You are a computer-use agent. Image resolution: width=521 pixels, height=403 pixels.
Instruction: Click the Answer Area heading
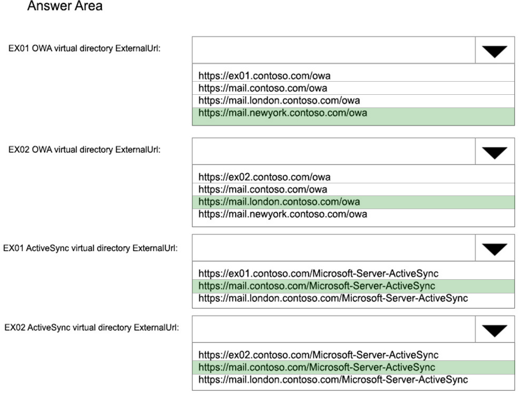pos(65,6)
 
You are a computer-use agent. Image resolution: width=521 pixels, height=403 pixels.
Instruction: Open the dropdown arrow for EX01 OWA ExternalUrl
pos(495,51)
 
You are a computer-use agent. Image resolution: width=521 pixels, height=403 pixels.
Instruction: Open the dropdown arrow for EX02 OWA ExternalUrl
pos(495,152)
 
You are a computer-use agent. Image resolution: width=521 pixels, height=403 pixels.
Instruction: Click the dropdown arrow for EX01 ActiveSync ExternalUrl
pos(495,249)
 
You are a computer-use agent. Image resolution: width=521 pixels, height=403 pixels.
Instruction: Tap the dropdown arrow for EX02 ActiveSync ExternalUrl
pos(495,330)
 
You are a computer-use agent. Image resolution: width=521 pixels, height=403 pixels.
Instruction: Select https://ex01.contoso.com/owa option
pos(264,76)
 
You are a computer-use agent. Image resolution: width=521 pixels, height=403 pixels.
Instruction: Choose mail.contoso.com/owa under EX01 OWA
pos(263,88)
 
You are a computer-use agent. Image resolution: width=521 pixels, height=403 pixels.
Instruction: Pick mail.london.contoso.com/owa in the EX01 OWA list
pos(279,100)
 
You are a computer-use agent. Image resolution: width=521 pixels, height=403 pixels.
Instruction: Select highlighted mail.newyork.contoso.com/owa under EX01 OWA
pos(283,113)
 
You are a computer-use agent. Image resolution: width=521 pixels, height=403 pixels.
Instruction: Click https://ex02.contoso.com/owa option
pos(264,177)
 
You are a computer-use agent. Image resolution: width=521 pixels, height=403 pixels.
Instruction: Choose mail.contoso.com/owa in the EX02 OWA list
pos(263,189)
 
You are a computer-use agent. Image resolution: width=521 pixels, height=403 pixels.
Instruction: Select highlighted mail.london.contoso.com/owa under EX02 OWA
pos(279,202)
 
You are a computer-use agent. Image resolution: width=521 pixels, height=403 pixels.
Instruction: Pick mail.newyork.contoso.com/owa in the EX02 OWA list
pos(283,214)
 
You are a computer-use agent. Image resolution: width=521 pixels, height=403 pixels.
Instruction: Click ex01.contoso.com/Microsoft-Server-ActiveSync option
pos(318,273)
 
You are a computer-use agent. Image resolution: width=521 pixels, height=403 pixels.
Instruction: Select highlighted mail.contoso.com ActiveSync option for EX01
pos(317,286)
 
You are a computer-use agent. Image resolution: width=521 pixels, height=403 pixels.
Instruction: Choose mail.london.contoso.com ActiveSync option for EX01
pos(333,298)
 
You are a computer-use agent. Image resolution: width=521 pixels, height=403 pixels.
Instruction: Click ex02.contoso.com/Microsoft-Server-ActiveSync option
pos(318,355)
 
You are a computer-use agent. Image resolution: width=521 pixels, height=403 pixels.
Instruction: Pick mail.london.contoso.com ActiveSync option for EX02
pos(333,379)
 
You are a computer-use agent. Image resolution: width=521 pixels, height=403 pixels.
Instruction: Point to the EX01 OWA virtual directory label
pos(84,48)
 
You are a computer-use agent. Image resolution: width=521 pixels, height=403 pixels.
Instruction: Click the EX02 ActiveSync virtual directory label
pos(91,328)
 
